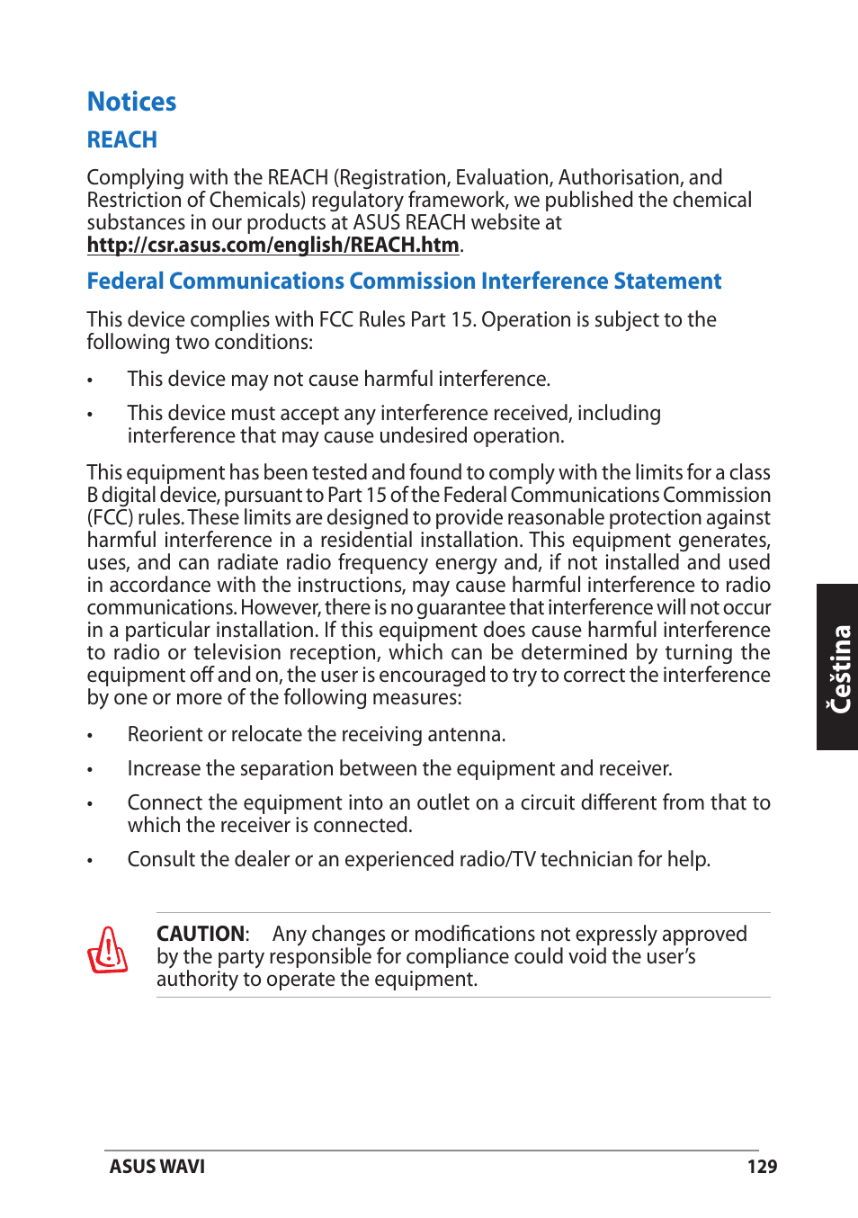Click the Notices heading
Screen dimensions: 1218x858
tap(131, 102)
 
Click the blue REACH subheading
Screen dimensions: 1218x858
tap(121, 140)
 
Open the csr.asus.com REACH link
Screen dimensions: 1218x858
tap(273, 245)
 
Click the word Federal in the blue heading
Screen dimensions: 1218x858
tap(125, 282)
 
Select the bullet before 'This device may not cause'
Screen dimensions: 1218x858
tap(90, 381)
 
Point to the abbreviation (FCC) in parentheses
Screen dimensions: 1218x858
tap(110, 518)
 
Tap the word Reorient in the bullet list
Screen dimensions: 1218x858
tap(165, 735)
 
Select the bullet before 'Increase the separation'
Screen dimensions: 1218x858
tap(90, 771)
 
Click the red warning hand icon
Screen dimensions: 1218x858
tap(107, 951)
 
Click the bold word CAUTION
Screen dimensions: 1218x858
tap(201, 934)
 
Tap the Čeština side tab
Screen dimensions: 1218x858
tap(838, 667)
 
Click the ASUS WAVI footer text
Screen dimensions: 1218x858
tap(157, 1167)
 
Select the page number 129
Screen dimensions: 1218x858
tap(761, 1167)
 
